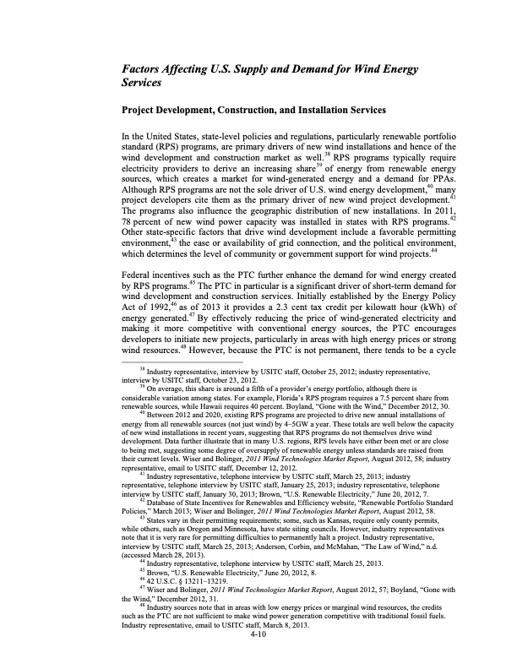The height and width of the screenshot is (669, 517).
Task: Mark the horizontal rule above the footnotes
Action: point(182,383)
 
